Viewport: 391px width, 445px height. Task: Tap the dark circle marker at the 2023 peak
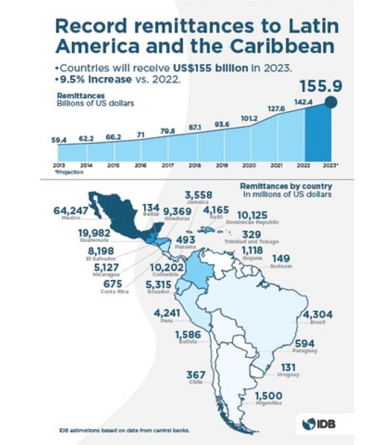click(331, 102)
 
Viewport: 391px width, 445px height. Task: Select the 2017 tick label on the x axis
click(167, 165)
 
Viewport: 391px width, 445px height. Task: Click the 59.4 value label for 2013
click(59, 140)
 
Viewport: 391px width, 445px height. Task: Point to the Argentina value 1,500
click(269, 396)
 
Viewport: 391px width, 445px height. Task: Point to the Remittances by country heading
click(286, 186)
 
